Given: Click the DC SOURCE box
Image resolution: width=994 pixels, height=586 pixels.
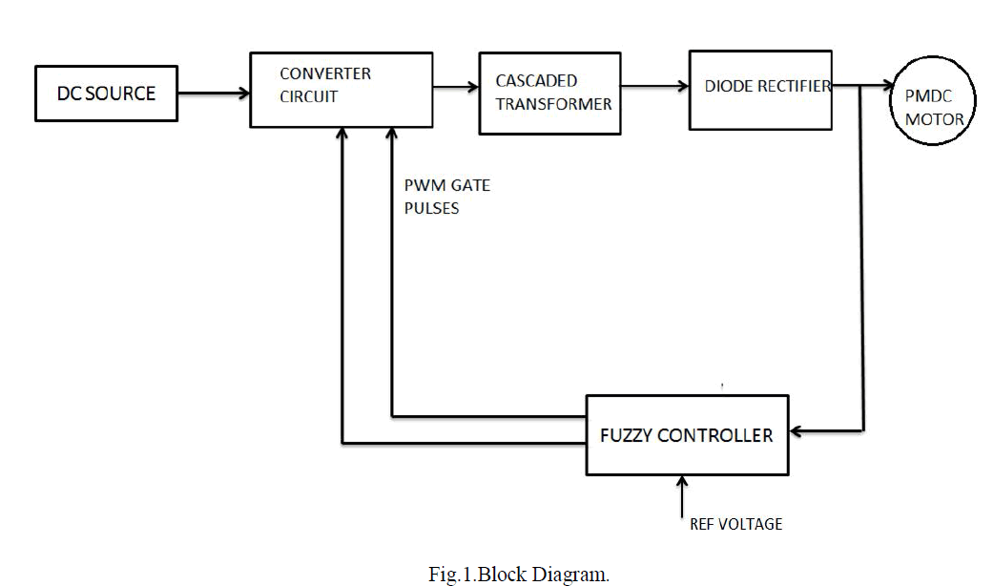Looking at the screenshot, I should click(x=105, y=93).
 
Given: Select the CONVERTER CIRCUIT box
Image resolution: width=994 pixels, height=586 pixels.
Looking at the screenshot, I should click(x=341, y=90).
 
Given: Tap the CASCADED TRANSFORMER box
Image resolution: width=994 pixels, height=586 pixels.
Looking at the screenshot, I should click(x=549, y=93).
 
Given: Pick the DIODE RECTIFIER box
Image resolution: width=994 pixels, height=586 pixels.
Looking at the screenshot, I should click(x=761, y=89).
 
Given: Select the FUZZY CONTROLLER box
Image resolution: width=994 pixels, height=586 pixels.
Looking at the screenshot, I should click(x=687, y=434).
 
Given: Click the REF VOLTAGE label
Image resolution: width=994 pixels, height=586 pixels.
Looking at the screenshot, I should click(x=735, y=524).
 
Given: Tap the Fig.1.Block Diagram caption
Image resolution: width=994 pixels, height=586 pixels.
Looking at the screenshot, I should click(x=519, y=575).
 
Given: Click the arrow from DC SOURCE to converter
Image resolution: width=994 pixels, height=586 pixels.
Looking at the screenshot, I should click(x=213, y=93).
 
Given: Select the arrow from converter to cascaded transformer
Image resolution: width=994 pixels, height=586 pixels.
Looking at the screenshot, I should click(x=456, y=88).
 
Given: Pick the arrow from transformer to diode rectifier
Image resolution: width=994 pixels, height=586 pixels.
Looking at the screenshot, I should click(x=653, y=87).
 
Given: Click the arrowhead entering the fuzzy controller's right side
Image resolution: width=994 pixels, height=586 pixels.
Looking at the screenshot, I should click(x=797, y=431).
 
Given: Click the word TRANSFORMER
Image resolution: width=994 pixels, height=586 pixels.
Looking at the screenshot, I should click(x=553, y=104).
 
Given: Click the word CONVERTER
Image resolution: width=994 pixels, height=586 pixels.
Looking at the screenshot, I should click(x=325, y=73).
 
